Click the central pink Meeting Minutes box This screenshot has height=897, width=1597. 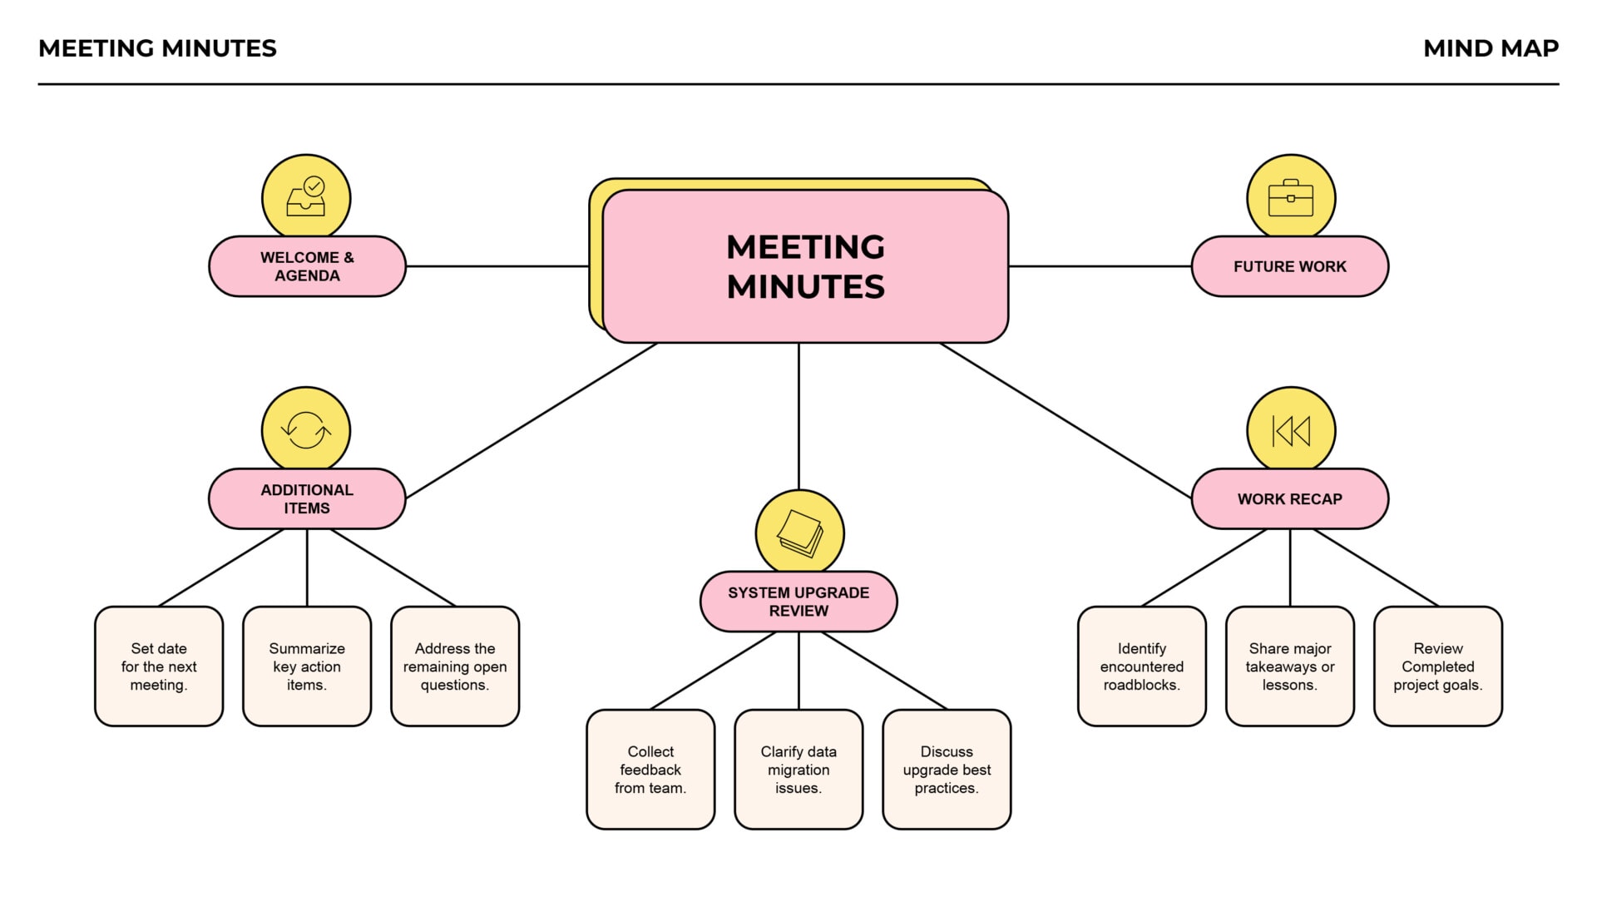805,266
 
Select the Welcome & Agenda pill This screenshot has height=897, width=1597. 307,266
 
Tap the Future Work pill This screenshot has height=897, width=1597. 1289,266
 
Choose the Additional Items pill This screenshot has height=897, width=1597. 307,498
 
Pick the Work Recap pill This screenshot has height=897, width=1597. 1289,498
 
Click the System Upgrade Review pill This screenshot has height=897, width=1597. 798,602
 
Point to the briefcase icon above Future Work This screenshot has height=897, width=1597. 1290,198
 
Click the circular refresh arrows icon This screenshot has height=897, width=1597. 306,430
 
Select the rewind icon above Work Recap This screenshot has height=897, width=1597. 1290,430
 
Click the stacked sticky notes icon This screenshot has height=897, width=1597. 799,533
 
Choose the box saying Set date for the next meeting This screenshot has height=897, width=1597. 159,667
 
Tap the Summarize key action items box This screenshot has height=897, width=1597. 307,667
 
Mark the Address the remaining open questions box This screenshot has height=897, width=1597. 455,667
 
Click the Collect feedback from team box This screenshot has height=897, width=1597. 650,770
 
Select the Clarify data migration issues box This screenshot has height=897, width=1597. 798,770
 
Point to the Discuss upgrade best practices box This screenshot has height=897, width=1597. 947,770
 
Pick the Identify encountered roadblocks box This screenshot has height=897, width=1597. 1141,667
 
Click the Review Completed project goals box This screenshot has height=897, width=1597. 1437,667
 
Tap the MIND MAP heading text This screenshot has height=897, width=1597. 1491,48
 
